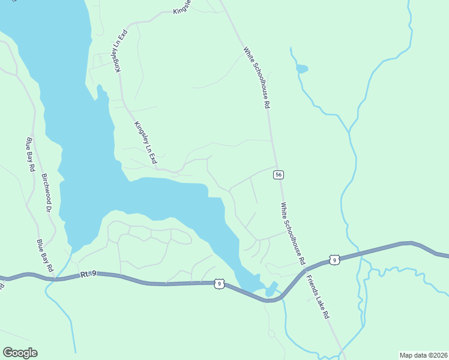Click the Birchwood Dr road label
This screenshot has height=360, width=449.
click(45, 193)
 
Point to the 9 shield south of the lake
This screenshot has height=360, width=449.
click(220, 284)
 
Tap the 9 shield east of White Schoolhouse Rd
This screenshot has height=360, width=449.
click(334, 260)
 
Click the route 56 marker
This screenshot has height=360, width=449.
click(277, 175)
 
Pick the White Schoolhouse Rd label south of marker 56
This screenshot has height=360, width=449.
click(293, 234)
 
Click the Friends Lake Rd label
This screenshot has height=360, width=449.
click(316, 297)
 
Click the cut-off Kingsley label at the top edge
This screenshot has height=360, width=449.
click(181, 7)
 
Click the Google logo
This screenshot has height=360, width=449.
click(20, 353)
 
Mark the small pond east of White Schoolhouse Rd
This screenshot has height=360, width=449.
click(301, 69)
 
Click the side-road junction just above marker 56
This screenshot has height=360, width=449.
click(276, 167)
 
